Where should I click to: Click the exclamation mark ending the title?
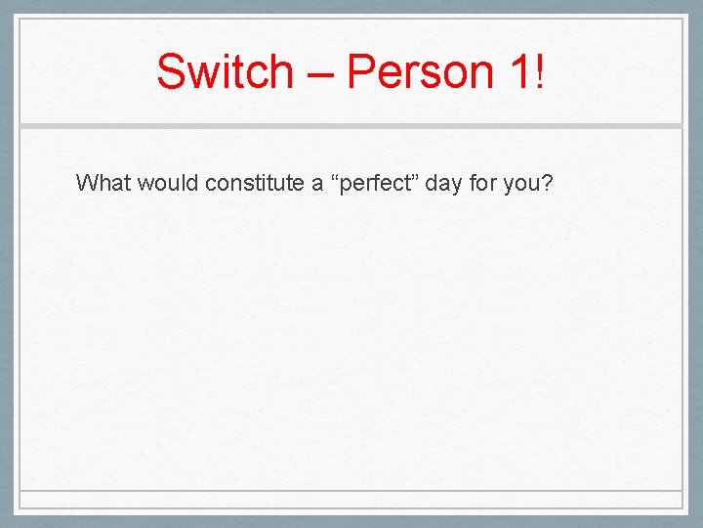[540, 71]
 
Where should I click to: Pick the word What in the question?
[103, 183]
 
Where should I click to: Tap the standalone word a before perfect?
[317, 185]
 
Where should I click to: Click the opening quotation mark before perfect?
[335, 178]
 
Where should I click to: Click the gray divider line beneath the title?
[351, 126]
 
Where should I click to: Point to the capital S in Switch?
[170, 71]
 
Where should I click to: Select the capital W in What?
[85, 183]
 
